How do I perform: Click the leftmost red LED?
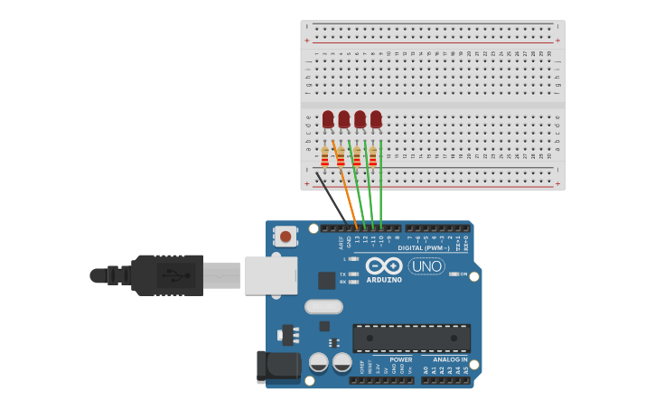328,118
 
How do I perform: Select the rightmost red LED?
376,118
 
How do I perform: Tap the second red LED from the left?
344,118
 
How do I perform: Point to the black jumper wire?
331,198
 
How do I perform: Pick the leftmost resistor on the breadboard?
324,158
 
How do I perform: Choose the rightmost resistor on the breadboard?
372,158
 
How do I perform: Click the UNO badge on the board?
426,266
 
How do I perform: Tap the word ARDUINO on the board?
384,280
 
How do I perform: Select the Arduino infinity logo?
384,266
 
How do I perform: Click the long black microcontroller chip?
411,339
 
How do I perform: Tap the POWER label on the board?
401,359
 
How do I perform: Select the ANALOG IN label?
450,359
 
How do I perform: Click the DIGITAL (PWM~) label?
424,247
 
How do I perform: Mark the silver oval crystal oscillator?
323,307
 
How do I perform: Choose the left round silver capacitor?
319,363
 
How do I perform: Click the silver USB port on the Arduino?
271,274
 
